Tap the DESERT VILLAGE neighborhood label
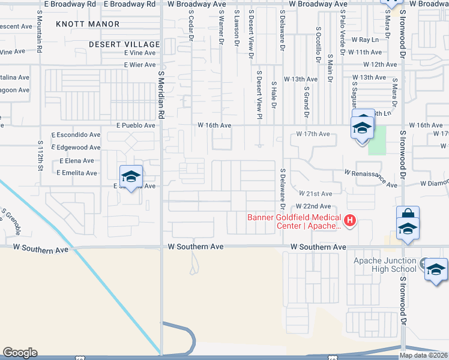(x=124, y=44)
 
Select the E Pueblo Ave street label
(x=136, y=125)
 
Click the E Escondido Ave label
(x=76, y=135)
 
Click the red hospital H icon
(x=350, y=221)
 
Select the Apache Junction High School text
(x=385, y=265)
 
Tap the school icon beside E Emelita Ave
(x=131, y=176)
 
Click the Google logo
(x=20, y=353)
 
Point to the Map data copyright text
(x=424, y=355)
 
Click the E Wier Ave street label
(x=140, y=65)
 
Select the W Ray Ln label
(x=366, y=40)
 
